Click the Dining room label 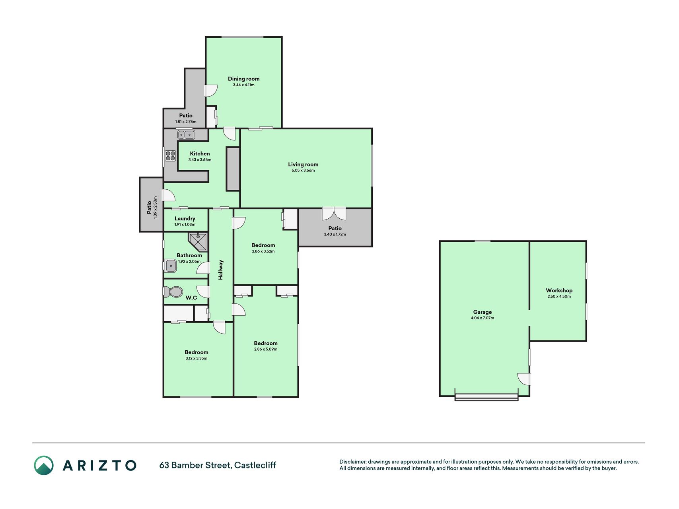243,79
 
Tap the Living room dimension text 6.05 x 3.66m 303,171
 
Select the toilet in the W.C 172,292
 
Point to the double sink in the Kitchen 186,135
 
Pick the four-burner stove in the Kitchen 171,155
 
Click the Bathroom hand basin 171,266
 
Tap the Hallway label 221,270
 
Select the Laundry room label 185,218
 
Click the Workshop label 559,290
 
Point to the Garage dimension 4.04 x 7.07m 482,318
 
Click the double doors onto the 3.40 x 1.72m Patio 334,213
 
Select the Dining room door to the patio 211,91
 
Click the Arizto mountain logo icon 44,465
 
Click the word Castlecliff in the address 255,465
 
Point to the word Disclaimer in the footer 352,462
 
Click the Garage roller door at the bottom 486,397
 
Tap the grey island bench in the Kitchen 233,169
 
